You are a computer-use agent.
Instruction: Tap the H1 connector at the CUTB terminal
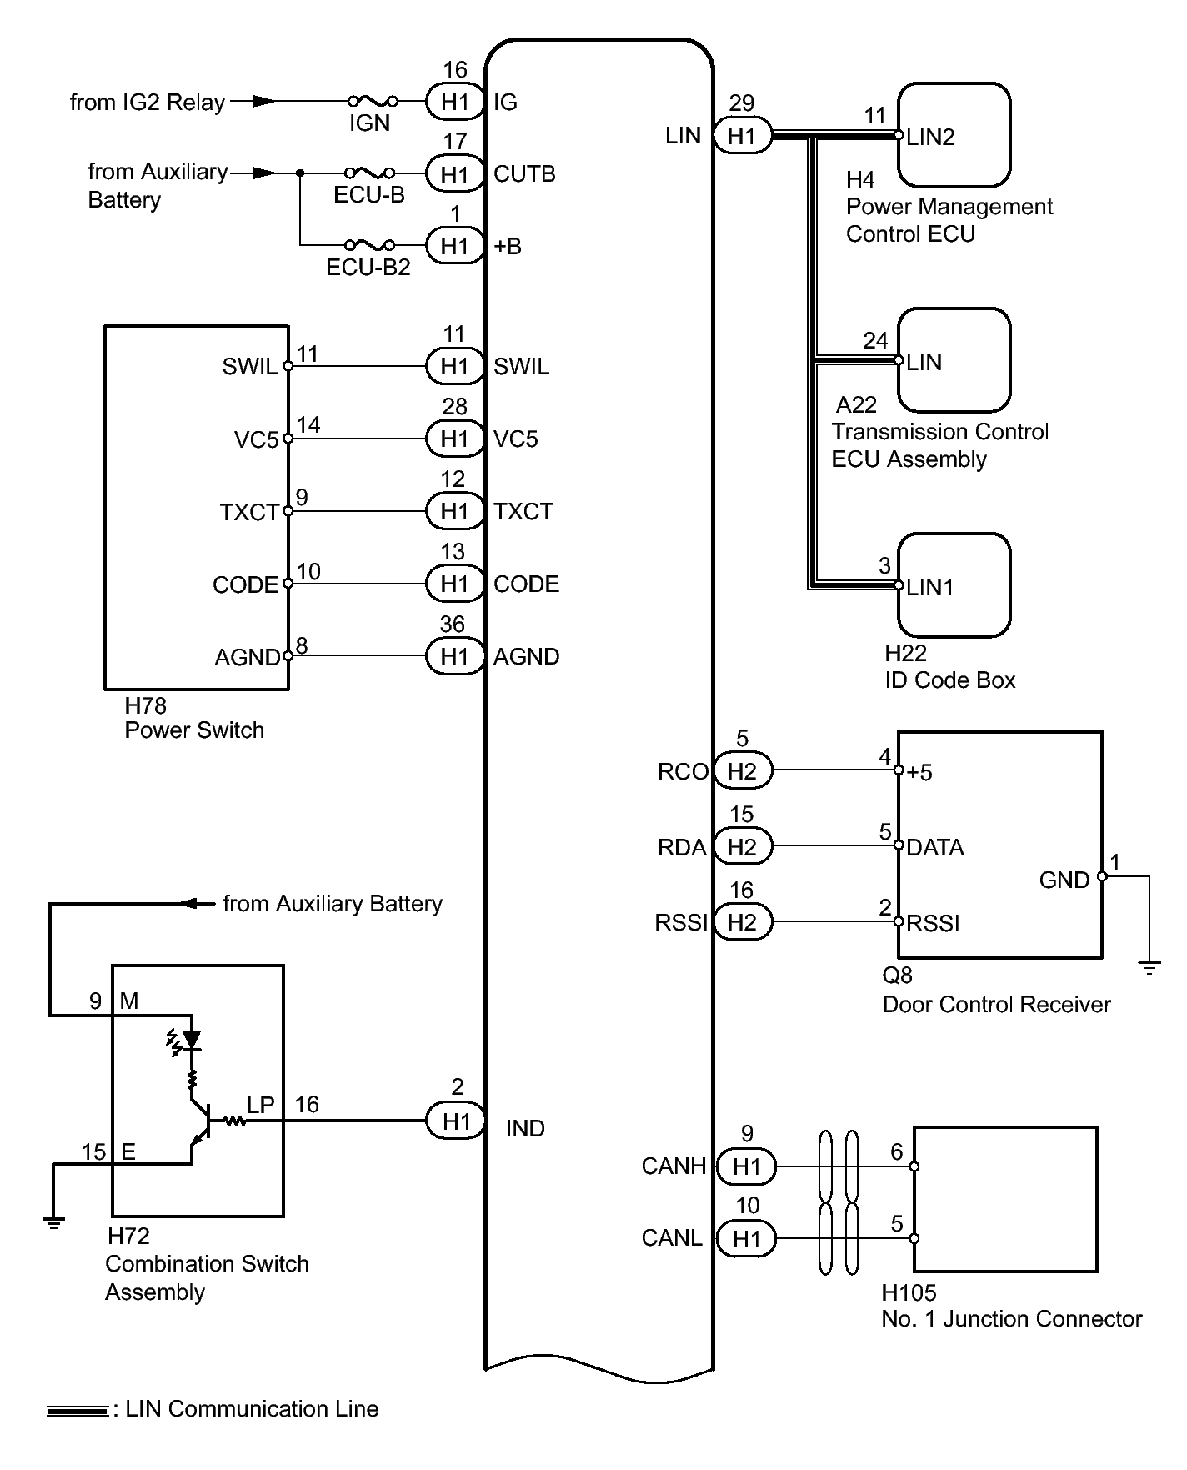pos(455,174)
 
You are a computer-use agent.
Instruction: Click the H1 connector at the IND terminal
pos(456,1121)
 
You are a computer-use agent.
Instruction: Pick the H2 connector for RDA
pos(742,847)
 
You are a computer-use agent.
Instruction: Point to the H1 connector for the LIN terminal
pos(742,136)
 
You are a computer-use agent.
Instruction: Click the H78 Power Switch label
pos(193,718)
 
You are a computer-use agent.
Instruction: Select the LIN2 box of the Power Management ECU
pos(954,135)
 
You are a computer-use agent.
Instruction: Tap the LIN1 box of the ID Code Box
pos(954,585)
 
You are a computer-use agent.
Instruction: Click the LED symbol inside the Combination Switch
pos(191,1040)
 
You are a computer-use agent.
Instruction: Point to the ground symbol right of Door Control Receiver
pos(1149,968)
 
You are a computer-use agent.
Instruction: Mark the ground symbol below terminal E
pos(53,1222)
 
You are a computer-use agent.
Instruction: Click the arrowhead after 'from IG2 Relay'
pos(263,101)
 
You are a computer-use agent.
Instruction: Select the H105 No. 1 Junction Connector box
pos(1005,1200)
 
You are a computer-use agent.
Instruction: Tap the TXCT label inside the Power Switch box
pos(248,512)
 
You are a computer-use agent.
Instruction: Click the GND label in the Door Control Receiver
pos(1064,880)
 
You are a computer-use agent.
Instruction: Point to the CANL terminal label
pos(672,1238)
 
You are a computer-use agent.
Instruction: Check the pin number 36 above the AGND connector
pos(453,624)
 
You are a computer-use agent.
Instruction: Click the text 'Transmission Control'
pos(940,432)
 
